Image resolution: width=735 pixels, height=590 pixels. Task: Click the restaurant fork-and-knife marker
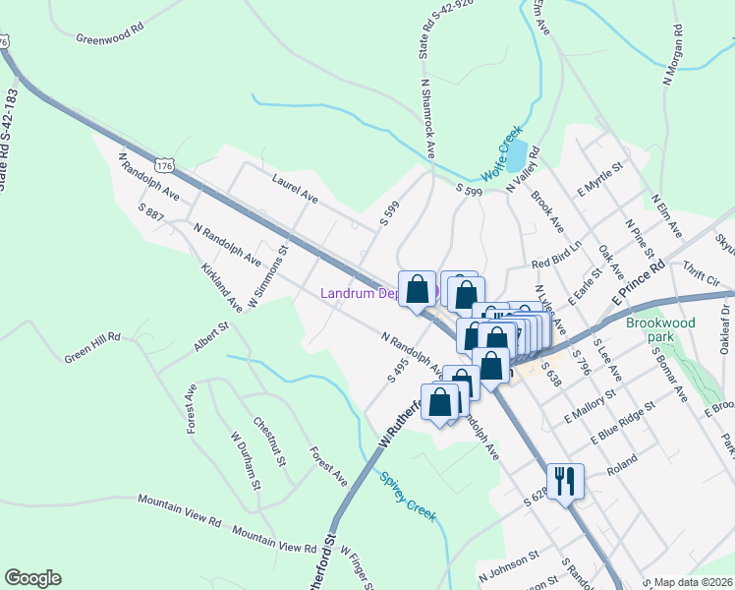point(565,481)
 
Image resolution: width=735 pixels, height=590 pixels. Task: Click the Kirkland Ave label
point(220,286)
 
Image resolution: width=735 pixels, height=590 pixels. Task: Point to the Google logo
point(32,578)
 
